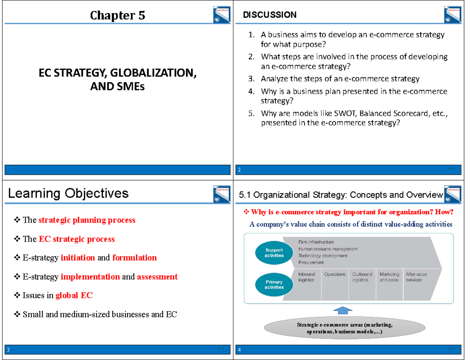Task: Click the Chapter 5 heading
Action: tap(117, 16)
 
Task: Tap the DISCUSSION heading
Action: tap(270, 15)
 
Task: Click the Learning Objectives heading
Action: tap(68, 193)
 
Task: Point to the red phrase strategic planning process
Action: tap(87, 220)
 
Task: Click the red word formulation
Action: tap(134, 258)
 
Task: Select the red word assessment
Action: tap(157, 277)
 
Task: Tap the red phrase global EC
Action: tap(74, 296)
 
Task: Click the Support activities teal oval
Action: tap(274, 253)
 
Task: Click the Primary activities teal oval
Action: tap(274, 284)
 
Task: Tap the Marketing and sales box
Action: tap(389, 277)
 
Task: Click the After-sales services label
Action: tap(416, 277)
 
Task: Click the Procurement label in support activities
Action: tap(311, 263)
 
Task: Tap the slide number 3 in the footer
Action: tap(7, 350)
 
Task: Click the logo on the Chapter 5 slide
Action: tap(221, 16)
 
